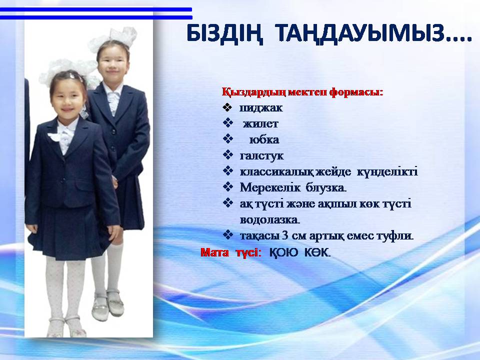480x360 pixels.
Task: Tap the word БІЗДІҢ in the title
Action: (x=224, y=33)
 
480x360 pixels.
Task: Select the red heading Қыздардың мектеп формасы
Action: (x=302, y=92)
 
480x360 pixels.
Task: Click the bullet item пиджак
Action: (x=261, y=108)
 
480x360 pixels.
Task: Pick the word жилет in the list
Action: (x=260, y=123)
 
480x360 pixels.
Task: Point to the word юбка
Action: (x=264, y=140)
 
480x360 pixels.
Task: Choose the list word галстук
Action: (x=261, y=156)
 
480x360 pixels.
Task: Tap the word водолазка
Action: (x=270, y=220)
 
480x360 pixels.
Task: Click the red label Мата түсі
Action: (x=231, y=252)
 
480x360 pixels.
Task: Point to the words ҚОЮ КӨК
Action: (x=299, y=252)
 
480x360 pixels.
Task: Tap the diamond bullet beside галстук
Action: (x=228, y=155)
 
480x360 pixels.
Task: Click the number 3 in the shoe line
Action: (x=285, y=235)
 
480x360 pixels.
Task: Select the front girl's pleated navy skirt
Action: (x=69, y=231)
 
